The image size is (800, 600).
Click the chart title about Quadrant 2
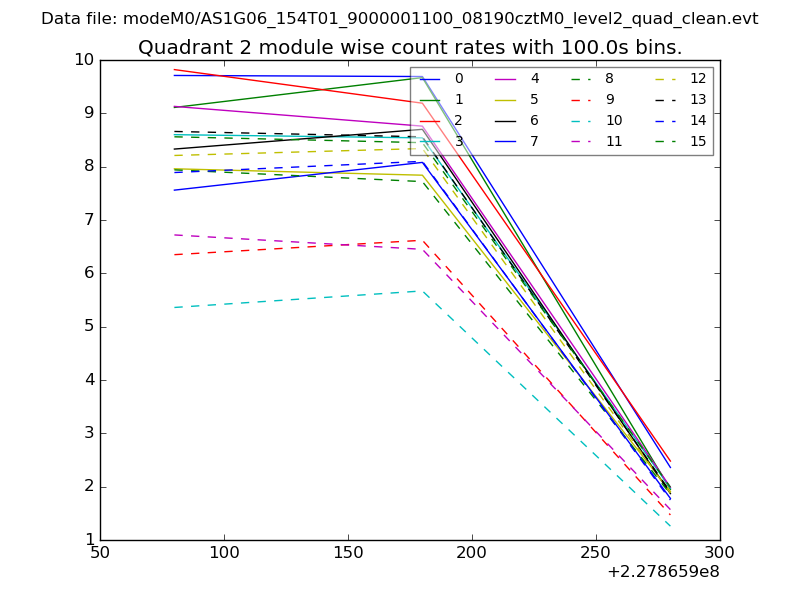(410, 47)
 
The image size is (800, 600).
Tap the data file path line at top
(400, 19)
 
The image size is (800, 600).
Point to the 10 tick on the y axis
(83, 60)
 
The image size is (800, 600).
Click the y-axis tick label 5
(89, 327)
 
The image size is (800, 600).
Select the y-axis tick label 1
(89, 541)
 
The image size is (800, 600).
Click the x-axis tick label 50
(100, 553)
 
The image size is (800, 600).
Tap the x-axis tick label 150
(348, 553)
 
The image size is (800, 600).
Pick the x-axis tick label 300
(720, 553)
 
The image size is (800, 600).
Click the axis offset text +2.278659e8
(663, 573)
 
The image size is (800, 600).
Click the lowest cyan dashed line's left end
(174, 307)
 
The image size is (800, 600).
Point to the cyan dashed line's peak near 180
(423, 291)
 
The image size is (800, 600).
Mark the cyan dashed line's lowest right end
(670, 526)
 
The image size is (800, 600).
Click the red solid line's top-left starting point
(174, 70)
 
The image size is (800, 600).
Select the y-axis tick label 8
(89, 167)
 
